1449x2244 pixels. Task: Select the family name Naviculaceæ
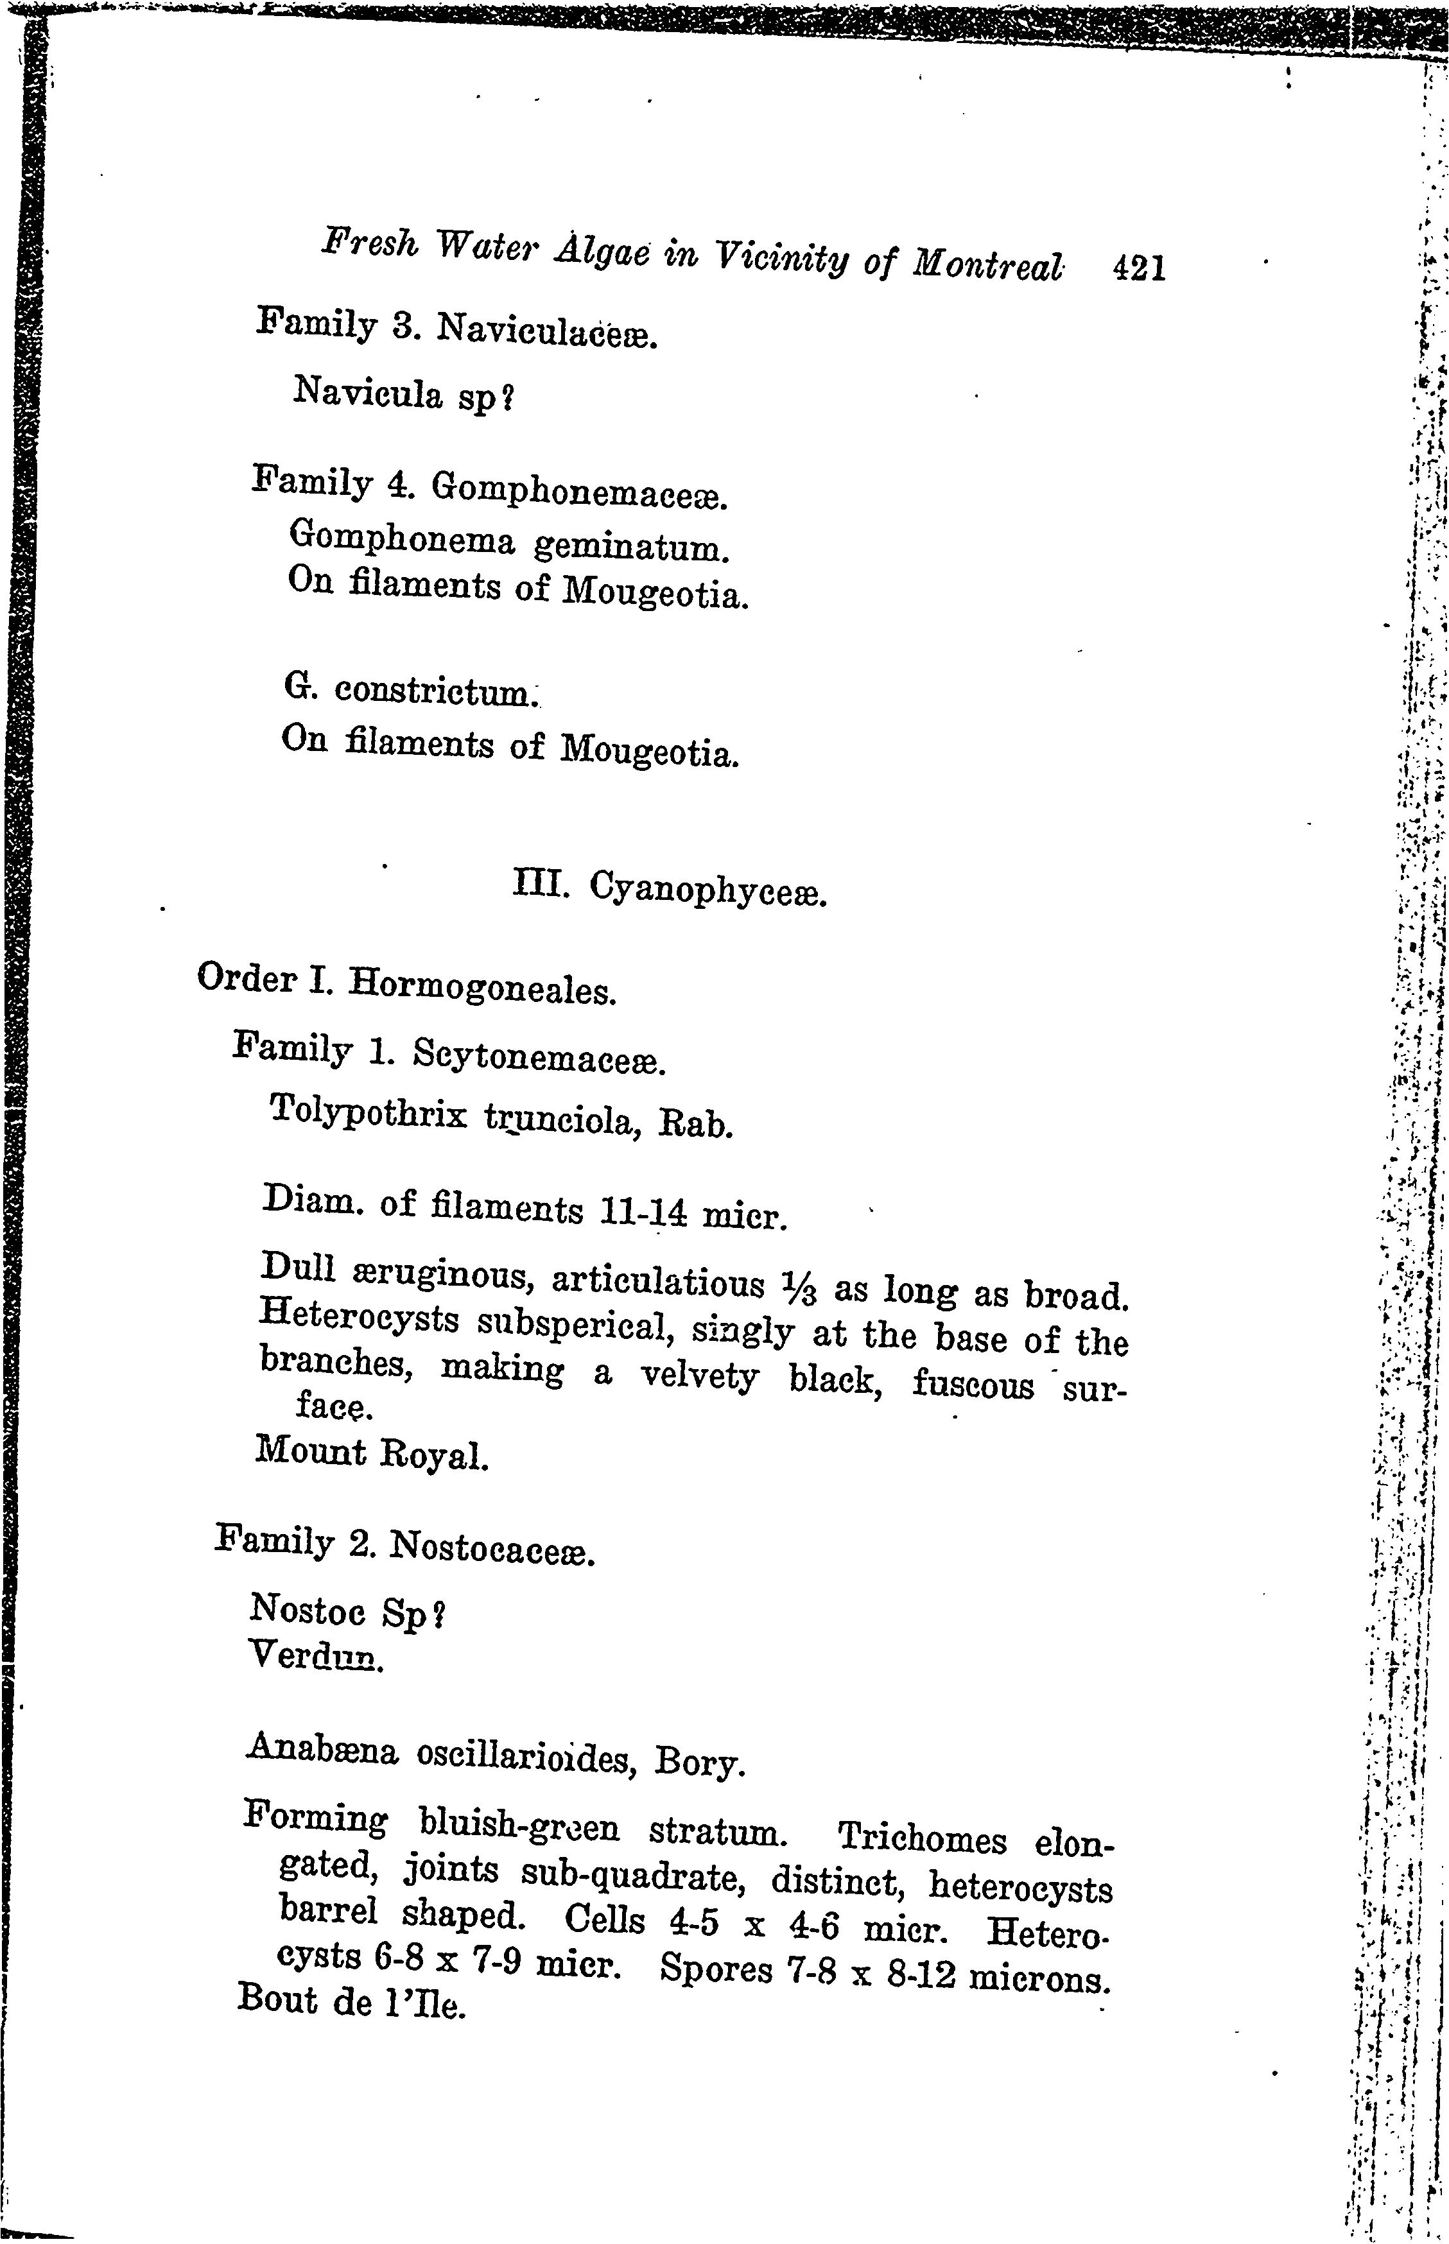point(545,332)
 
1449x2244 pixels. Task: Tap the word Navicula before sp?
point(367,392)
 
